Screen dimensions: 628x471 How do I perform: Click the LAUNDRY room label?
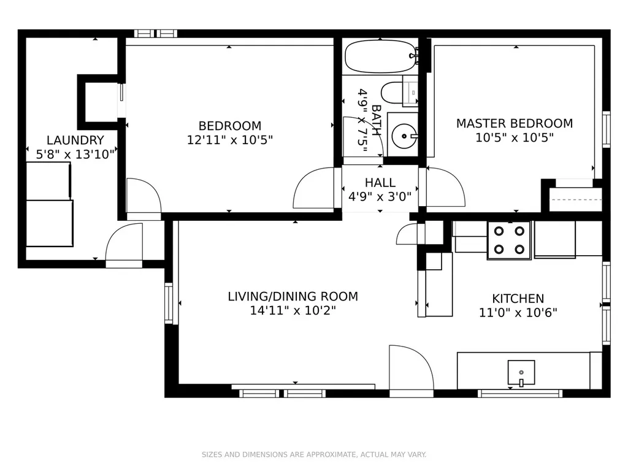tap(75, 140)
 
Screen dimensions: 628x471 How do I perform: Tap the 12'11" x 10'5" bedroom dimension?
tap(230, 140)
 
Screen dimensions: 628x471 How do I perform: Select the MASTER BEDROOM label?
tap(515, 123)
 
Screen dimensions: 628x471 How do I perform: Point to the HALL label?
tap(380, 183)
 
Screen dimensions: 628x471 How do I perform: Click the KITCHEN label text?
tap(518, 299)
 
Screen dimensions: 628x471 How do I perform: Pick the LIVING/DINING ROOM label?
tap(293, 296)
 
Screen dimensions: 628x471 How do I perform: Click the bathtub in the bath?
tap(381, 56)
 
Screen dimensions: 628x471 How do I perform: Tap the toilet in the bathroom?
tap(399, 93)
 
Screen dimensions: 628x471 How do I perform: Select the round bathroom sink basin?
tap(404, 136)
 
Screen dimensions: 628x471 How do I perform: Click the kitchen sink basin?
tap(521, 372)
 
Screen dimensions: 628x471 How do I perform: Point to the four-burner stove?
tap(509, 240)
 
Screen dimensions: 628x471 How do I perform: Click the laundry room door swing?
tap(124, 245)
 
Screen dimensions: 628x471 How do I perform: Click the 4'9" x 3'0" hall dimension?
tap(380, 197)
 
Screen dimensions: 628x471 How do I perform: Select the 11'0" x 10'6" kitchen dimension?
tap(518, 312)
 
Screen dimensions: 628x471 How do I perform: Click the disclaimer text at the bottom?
tap(314, 454)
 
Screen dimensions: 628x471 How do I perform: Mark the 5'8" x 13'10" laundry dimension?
tap(75, 155)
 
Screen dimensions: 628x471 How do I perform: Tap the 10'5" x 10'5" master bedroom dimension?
tap(515, 138)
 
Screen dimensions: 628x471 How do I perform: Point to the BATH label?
tap(377, 120)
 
